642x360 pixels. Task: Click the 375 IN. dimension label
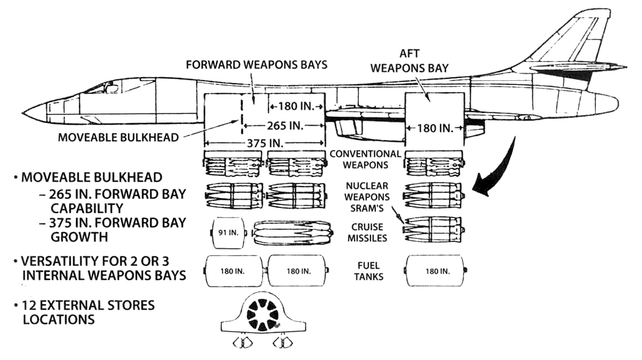(265, 143)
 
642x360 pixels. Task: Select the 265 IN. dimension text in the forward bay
(285, 126)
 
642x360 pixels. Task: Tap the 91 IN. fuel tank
(228, 233)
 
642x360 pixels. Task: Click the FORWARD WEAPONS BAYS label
(256, 65)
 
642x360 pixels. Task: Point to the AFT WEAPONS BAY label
(410, 61)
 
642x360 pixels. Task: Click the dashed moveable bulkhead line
(242, 114)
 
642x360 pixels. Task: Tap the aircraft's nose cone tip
(23, 113)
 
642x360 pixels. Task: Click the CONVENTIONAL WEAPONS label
(365, 159)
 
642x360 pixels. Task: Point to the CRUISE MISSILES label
(367, 233)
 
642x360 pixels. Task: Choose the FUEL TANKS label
(369, 271)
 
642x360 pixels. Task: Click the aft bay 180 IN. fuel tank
(434, 271)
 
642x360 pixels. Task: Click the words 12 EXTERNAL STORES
(88, 305)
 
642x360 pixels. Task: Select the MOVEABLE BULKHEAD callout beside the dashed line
(118, 137)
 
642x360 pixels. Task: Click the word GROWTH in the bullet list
(79, 237)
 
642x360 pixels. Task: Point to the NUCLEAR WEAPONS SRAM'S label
(367, 197)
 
